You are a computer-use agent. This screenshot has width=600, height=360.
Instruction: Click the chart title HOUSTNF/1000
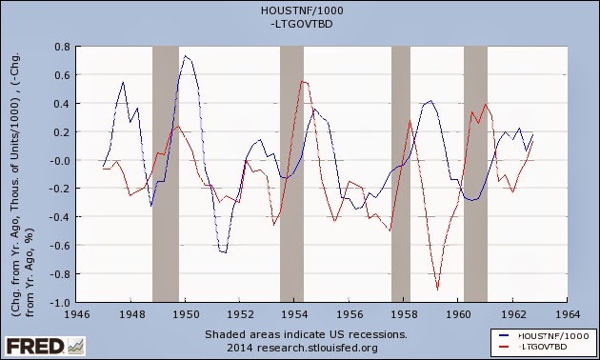[302, 10]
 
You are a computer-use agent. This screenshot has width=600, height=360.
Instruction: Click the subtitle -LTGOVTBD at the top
[302, 24]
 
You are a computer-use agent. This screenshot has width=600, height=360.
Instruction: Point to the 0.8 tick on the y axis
[62, 47]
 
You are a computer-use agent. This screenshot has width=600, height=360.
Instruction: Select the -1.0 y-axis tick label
[60, 302]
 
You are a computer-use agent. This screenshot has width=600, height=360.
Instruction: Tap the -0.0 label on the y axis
[60, 160]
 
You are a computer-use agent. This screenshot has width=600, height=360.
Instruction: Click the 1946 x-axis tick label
[76, 315]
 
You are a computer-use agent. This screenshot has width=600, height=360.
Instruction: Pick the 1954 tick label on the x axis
[294, 315]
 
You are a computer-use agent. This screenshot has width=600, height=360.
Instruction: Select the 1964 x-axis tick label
[567, 315]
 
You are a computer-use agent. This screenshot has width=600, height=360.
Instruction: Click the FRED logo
[45, 347]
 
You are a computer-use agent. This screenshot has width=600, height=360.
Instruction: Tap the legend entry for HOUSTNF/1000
[545, 336]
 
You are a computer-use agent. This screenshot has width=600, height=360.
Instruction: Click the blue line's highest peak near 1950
[185, 56]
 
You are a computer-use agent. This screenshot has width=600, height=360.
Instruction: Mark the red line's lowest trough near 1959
[438, 289]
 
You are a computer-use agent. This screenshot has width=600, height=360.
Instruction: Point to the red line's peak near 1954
[303, 81]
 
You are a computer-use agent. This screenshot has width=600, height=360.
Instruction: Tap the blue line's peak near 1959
[431, 101]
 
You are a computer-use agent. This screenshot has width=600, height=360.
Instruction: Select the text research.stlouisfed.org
[317, 349]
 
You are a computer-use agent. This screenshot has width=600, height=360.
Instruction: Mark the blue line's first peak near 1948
[123, 82]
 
